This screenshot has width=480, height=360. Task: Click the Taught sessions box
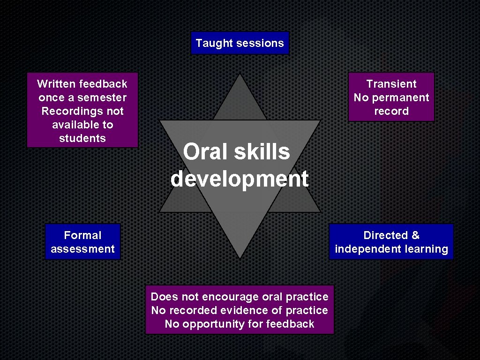pyautogui.click(x=240, y=43)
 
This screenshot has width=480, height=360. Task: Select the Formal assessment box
pyautogui.click(x=82, y=242)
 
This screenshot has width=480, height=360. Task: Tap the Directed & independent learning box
pyautogui.click(x=391, y=242)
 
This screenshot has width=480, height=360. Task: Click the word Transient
pyautogui.click(x=391, y=84)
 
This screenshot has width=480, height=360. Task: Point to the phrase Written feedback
pyautogui.click(x=82, y=84)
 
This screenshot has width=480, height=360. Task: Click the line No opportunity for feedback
pyautogui.click(x=240, y=324)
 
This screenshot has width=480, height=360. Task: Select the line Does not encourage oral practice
pyautogui.click(x=240, y=297)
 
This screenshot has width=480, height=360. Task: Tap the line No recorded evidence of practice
pyautogui.click(x=240, y=310)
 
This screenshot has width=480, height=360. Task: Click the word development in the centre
pyautogui.click(x=240, y=179)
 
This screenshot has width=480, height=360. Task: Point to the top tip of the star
pyautogui.click(x=240, y=75)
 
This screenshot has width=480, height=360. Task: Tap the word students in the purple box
pyautogui.click(x=82, y=138)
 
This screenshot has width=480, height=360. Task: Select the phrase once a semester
pyautogui.click(x=82, y=97)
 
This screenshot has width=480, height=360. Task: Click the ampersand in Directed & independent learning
pyautogui.click(x=414, y=235)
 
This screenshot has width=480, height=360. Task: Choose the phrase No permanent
pyautogui.click(x=391, y=97)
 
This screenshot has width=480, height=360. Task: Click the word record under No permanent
pyautogui.click(x=391, y=111)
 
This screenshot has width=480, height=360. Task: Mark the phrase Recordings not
pyautogui.click(x=82, y=111)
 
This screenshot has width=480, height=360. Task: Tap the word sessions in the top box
pyautogui.click(x=260, y=43)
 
